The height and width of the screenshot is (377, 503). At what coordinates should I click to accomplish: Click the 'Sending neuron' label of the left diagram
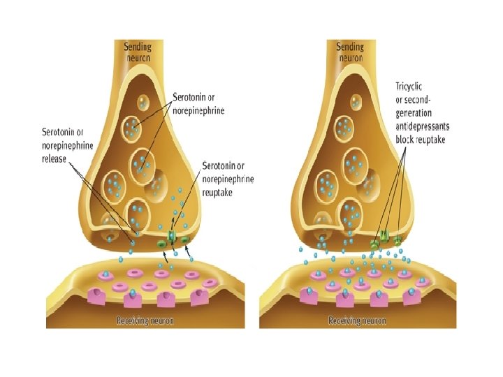pos(137,52)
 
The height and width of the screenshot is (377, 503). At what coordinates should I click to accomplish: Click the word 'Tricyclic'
pos(411,87)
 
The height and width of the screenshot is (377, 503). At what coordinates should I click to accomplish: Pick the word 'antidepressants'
pos(423,126)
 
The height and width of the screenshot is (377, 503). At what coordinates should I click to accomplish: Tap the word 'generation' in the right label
pos(414,112)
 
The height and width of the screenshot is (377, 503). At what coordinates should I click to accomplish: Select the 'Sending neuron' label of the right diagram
pos(349,52)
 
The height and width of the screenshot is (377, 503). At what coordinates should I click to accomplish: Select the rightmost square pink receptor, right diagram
pos(412,297)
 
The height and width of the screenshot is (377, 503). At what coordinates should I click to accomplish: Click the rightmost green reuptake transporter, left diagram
pos(186,241)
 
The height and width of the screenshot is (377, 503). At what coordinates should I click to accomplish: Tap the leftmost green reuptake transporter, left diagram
pos(161,244)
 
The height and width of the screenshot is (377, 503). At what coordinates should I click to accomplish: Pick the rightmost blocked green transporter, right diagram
pos(398,241)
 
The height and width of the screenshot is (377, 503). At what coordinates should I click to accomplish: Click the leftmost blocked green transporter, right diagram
pos(374,245)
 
